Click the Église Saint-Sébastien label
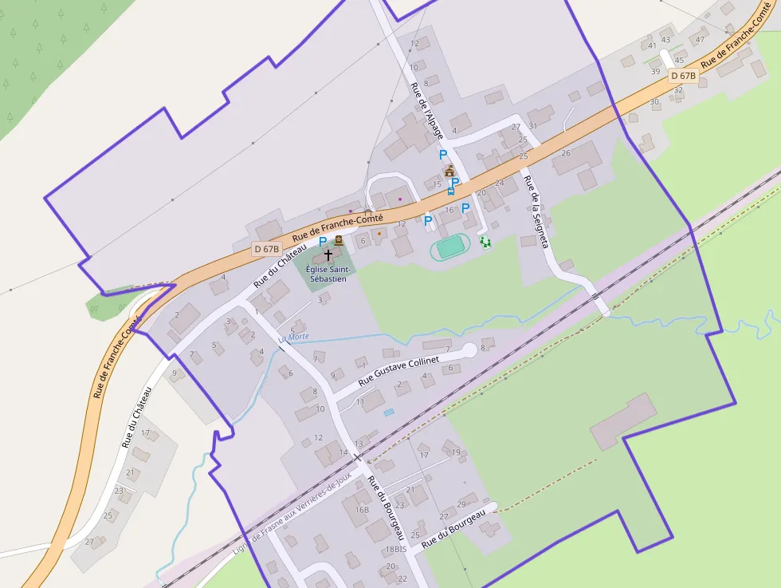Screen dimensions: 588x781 coord(327,274)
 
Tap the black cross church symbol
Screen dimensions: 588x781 coord(328,255)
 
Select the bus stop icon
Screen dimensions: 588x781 coord(451,191)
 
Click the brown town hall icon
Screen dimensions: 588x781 coord(449,171)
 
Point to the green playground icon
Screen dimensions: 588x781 coord(485,242)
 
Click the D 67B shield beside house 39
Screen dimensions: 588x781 coord(683,76)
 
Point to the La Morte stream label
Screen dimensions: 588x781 coord(293,337)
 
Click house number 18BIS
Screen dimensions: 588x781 coord(396,550)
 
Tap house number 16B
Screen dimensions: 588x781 coord(362,509)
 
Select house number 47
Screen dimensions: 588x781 coord(701,39)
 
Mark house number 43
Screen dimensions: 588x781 coord(666,40)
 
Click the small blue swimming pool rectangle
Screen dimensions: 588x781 coord(388,412)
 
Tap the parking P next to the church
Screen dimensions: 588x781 coord(323,241)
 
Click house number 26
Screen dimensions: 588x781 coord(566,153)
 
